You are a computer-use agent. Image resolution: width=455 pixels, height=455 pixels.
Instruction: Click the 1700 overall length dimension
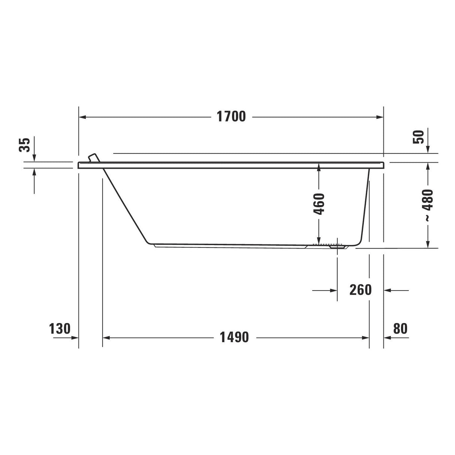tap(231, 117)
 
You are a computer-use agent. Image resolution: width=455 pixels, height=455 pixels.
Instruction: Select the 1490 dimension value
tap(234, 337)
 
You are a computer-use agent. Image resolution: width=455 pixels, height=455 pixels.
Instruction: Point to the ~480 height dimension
tap(428, 205)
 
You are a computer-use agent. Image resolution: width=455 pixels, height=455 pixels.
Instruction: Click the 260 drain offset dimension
tap(360, 290)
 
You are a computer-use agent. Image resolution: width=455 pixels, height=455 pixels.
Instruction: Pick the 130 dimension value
tap(60, 329)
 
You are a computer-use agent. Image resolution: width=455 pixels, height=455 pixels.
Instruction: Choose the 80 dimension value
tap(400, 329)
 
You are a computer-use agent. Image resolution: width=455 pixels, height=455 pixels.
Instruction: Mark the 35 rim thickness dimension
tap(25, 145)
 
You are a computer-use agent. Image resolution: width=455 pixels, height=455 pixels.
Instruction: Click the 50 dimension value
tap(418, 137)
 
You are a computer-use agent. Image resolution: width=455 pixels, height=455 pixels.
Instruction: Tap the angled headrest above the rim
tap(94, 158)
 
